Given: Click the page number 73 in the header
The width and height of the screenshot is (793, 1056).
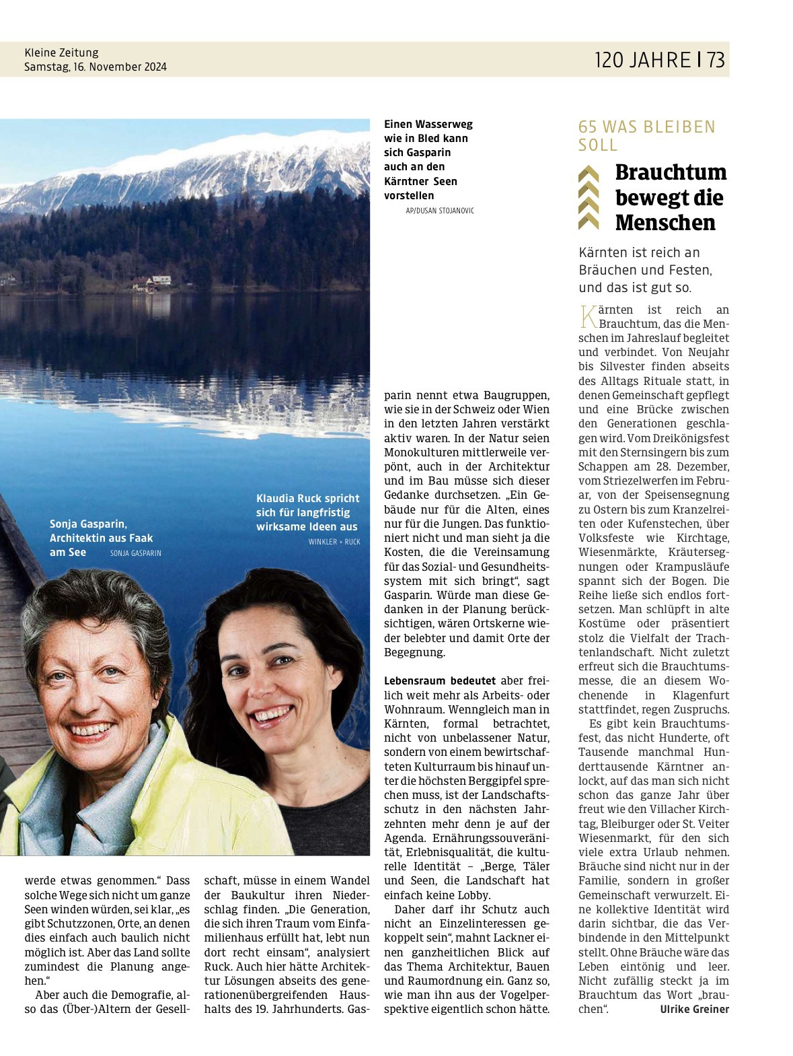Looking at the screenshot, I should click(716, 60).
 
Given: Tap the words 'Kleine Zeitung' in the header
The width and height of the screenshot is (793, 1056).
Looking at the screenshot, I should click(61, 52).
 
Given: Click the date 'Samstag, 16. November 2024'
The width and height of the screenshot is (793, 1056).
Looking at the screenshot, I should click(96, 67).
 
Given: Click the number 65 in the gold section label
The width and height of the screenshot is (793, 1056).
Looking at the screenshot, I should click(589, 127).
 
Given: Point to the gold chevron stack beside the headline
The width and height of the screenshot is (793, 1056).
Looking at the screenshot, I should click(589, 197).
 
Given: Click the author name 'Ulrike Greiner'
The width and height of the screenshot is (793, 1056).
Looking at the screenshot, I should click(694, 1008).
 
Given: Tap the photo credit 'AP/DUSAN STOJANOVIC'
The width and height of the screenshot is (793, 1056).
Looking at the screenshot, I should click(440, 211).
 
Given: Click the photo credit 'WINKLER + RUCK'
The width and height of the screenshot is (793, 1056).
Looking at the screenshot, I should click(334, 542).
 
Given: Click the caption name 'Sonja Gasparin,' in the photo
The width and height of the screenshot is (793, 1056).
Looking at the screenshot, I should click(88, 523).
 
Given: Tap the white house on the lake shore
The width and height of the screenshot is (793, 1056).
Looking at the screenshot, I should click(159, 281).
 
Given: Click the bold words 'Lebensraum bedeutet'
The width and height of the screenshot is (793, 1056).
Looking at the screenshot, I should click(439, 680).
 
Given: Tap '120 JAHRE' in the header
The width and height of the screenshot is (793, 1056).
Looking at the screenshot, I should click(642, 60).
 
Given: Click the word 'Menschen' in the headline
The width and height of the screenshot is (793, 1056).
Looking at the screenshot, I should click(665, 222).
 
